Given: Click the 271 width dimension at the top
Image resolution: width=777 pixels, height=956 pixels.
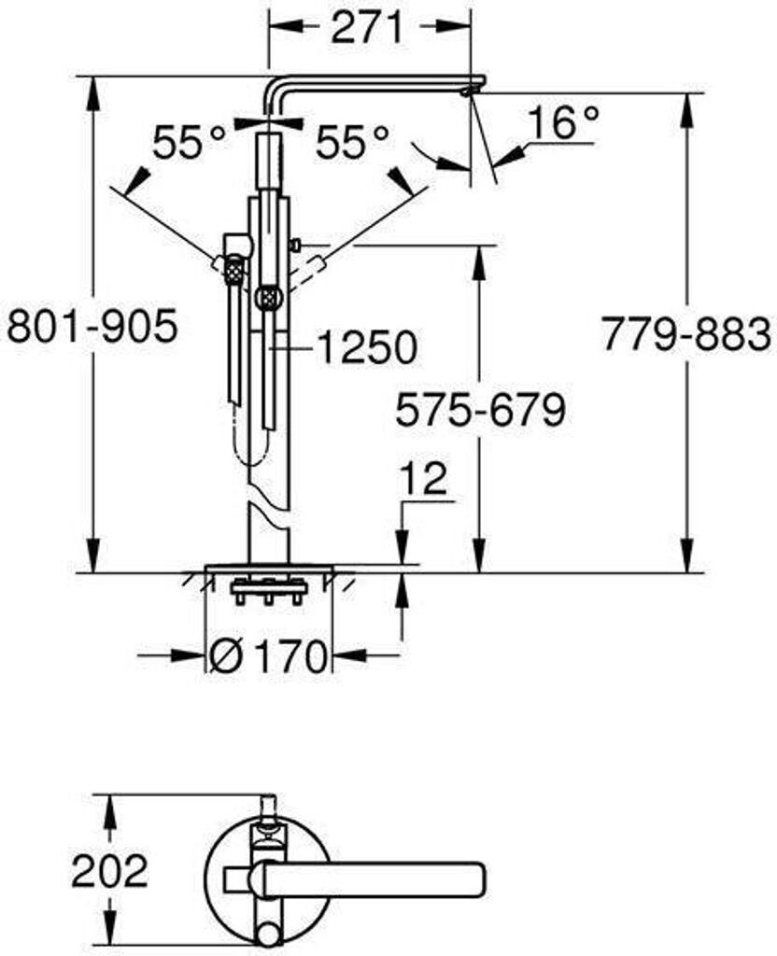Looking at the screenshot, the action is coord(368,27).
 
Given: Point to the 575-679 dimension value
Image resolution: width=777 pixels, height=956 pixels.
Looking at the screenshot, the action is coord(481,409).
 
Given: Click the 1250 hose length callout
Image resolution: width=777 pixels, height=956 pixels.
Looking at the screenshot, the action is coord(367,347).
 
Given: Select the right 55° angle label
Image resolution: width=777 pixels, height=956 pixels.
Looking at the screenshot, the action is coord(352,142).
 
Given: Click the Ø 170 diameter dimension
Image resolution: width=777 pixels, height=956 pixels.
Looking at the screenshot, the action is coord(267,656).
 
